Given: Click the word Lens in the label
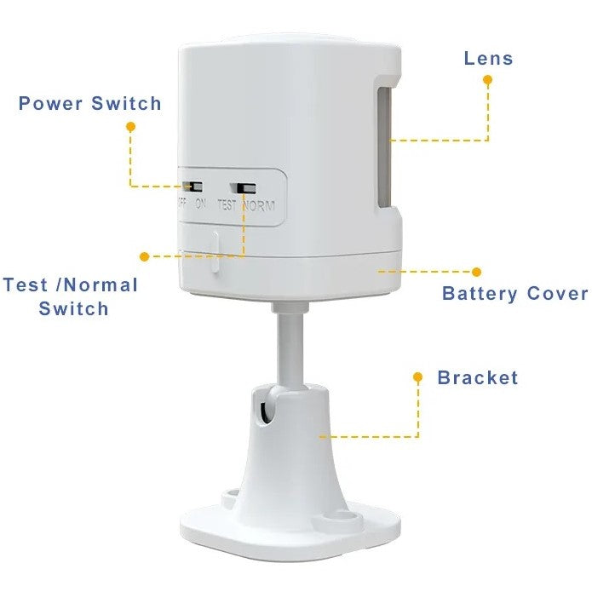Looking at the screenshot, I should [x=488, y=59].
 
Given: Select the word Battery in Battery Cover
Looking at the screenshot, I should [x=479, y=294].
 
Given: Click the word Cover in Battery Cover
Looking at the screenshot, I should [x=556, y=294].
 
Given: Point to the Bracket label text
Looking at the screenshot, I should [x=477, y=377].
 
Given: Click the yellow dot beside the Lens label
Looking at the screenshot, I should [x=488, y=79].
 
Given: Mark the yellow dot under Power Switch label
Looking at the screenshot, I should [x=130, y=126].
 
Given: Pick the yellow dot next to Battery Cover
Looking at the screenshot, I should [x=477, y=272].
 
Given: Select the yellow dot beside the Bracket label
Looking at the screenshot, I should [x=418, y=376].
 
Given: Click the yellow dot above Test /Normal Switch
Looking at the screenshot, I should [x=144, y=256].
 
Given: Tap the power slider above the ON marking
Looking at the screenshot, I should [x=193, y=185].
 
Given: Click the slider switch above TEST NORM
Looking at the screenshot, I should [x=247, y=187].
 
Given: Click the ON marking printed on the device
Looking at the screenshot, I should [x=201, y=204].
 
